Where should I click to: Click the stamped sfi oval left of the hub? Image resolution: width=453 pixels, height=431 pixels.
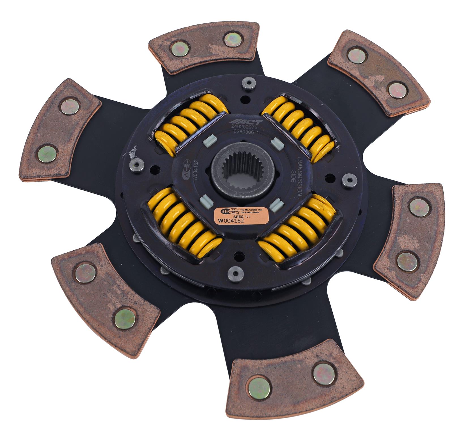[185, 170]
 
